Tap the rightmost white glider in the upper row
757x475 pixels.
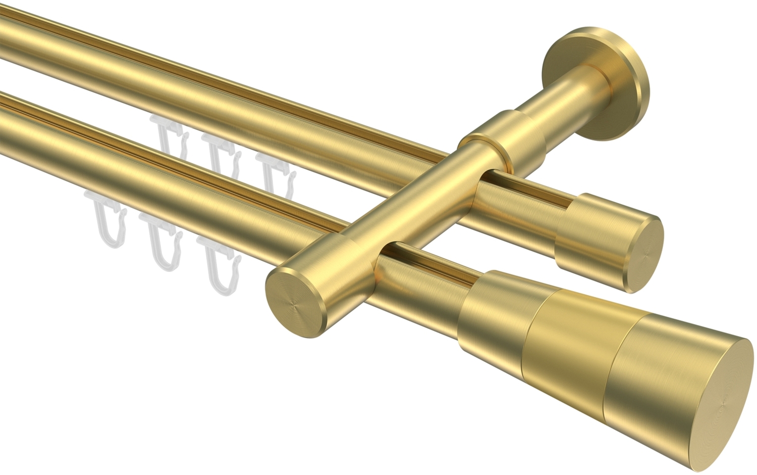point(275,174)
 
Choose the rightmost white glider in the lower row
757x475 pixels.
point(217,265)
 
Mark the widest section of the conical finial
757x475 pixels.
point(656,364)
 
